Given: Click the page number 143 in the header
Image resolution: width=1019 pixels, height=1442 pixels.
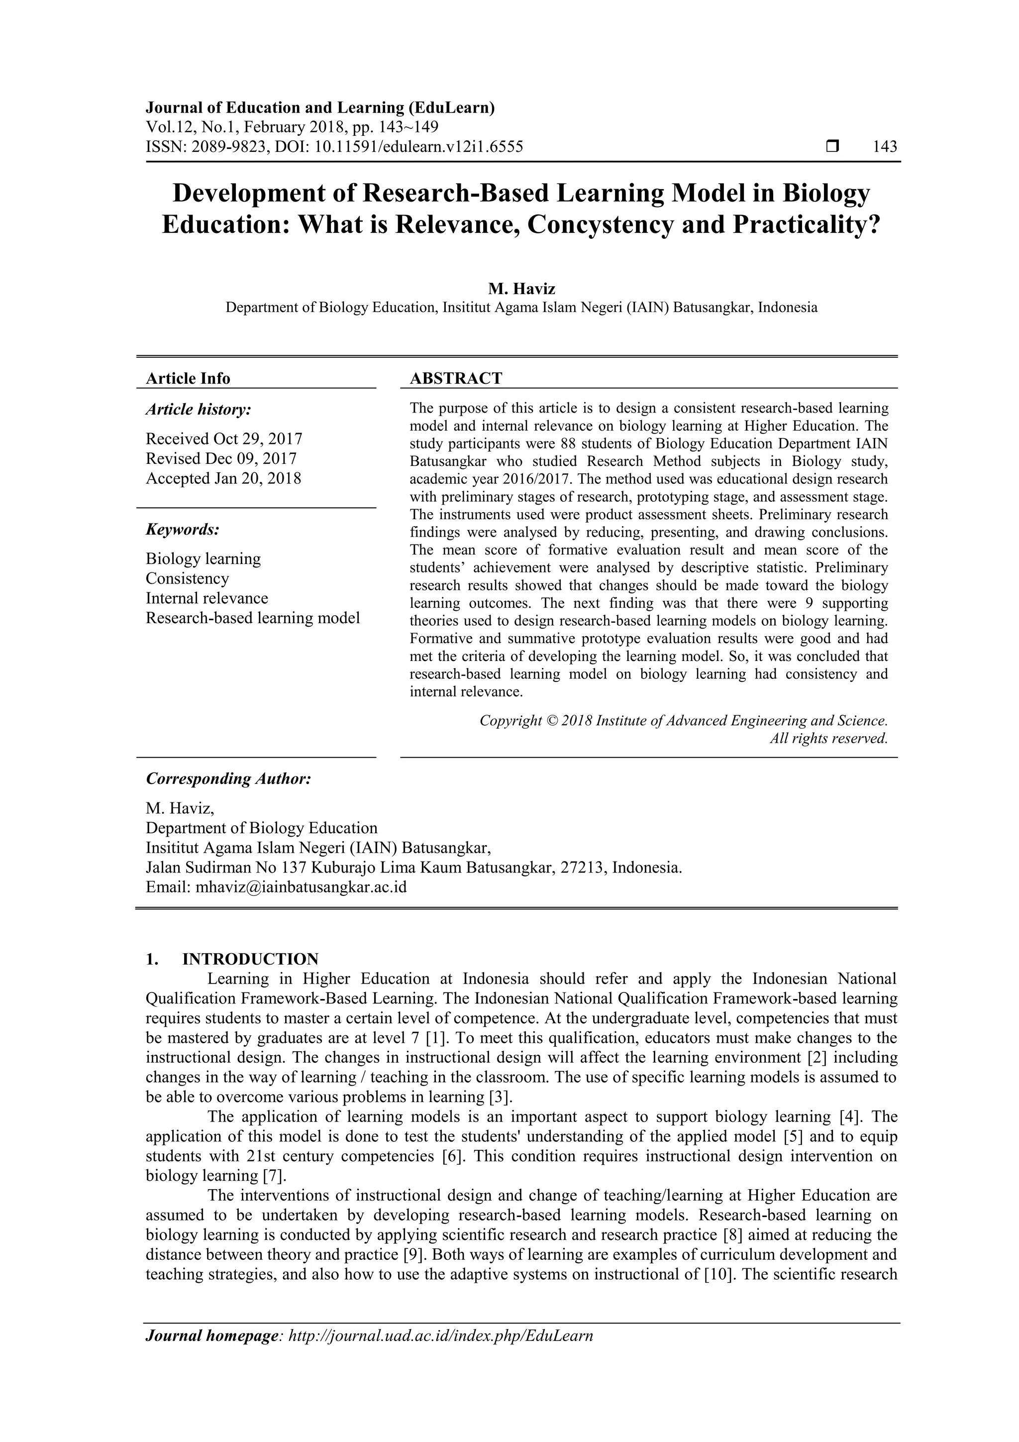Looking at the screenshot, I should pyautogui.click(x=885, y=147).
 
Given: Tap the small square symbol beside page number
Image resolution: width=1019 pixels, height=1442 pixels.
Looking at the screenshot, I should pyautogui.click(x=832, y=147).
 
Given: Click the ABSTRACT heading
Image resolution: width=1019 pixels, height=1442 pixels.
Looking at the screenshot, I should pyautogui.click(x=456, y=378).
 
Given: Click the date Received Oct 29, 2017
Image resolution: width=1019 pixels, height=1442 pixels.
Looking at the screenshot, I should pyautogui.click(x=224, y=439).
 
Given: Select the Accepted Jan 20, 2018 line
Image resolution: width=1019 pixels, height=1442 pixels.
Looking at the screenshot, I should pyautogui.click(x=223, y=478).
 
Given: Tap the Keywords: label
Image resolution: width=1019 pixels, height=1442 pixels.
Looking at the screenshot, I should pyautogui.click(x=183, y=530).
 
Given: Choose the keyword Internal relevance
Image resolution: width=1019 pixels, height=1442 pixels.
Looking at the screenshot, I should pyautogui.click(x=206, y=598).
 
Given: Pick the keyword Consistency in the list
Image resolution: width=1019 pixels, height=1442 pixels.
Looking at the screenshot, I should pyautogui.click(x=187, y=578).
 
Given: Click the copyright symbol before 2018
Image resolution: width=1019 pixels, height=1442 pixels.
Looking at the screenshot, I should pyautogui.click(x=551, y=720).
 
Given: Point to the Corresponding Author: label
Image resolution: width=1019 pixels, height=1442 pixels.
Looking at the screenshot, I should pyautogui.click(x=228, y=779).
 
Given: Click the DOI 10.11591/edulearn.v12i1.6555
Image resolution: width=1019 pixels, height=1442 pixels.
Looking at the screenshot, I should pyautogui.click(x=419, y=147).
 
